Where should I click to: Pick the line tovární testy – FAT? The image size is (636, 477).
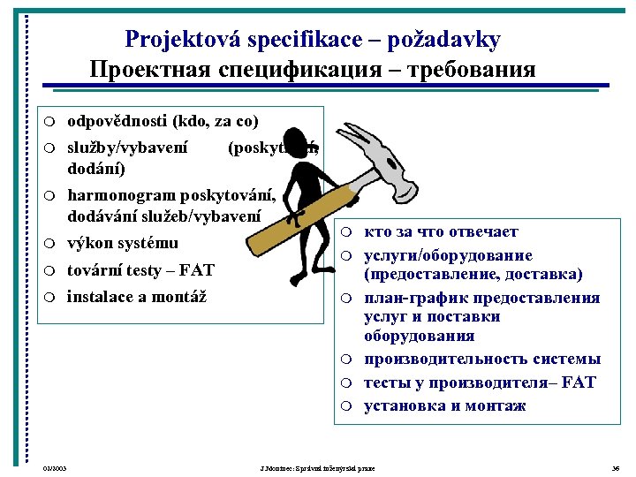[140, 269]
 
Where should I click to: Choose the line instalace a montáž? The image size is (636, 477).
[137, 296]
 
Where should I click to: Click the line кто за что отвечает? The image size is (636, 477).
[441, 232]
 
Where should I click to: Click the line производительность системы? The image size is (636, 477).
[482, 359]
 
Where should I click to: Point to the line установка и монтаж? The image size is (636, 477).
[444, 405]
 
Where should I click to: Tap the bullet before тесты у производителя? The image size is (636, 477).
[349, 383]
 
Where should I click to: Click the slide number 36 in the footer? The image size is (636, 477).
[616, 466]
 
